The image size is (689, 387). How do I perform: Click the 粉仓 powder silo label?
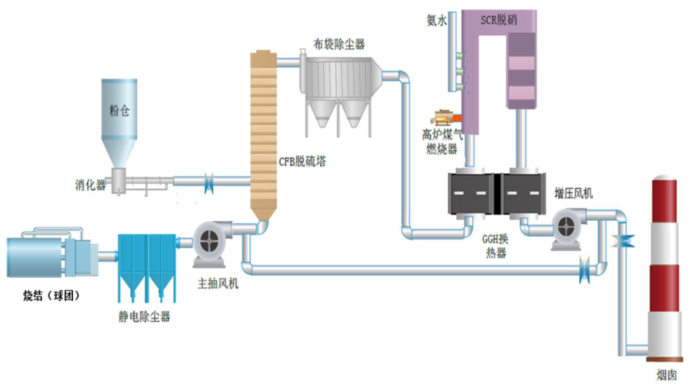point(119,111)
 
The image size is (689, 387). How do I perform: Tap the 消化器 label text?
point(90,185)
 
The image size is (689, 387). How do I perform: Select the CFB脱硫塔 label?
point(302,162)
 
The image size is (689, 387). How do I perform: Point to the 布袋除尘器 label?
point(339,45)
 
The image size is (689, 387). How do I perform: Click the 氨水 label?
point(436,20)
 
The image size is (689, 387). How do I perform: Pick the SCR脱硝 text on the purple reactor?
point(498,20)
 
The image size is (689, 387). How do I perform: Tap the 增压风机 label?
point(573,193)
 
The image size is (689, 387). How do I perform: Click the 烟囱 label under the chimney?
point(666,375)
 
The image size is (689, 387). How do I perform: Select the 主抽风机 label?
point(217,283)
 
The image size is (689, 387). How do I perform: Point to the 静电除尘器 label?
point(144,317)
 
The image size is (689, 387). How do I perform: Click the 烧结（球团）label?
point(51,296)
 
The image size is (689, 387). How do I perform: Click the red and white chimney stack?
point(664,268)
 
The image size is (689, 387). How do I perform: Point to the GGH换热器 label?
point(495,246)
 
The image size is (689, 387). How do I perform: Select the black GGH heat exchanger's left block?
point(470,193)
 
